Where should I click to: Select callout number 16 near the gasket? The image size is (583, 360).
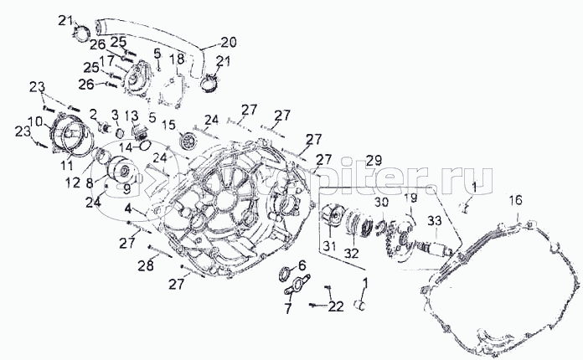[516, 200]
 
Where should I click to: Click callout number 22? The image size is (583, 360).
[336, 306]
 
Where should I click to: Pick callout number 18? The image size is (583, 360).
[176, 59]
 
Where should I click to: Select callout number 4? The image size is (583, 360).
[128, 207]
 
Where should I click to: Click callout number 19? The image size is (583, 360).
[410, 198]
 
